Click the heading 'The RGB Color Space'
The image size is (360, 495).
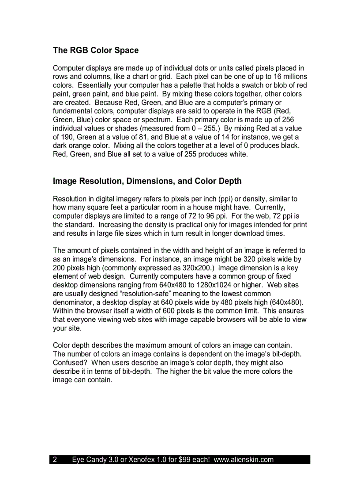pos(96,50)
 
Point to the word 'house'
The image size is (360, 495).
pos(208,208)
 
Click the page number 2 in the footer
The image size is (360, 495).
pos(55,460)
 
